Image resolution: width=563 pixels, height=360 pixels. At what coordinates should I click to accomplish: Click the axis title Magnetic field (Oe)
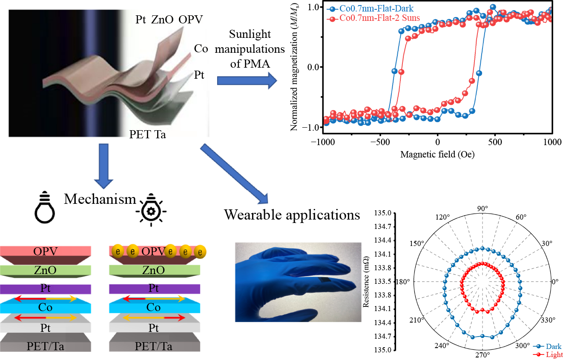[437, 154]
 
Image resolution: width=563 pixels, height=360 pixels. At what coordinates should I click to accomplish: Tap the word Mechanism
[100, 199]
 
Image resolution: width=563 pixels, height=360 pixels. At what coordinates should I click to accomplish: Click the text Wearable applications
[292, 215]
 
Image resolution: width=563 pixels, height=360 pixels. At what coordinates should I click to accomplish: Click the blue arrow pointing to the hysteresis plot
[244, 80]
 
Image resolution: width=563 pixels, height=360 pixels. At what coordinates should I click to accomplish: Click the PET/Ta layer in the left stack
[46, 344]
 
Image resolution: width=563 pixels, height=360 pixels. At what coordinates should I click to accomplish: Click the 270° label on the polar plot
[482, 354]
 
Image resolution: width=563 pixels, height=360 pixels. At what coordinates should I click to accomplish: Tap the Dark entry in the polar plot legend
[553, 346]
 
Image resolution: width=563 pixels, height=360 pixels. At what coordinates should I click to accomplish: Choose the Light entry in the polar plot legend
[553, 354]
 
